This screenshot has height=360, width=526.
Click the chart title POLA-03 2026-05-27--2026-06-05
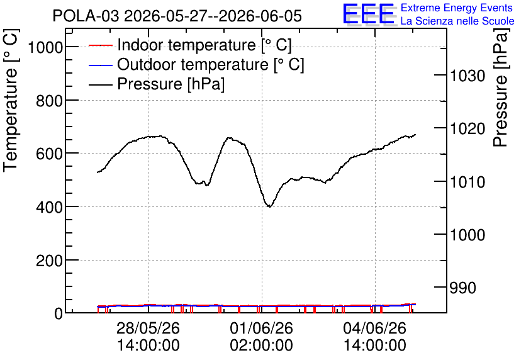(177, 16)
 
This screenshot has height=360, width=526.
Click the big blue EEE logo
(369, 14)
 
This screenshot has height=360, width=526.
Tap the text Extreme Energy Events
(457, 8)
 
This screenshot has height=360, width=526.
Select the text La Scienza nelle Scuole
(457, 21)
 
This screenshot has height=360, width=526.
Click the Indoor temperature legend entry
(190, 45)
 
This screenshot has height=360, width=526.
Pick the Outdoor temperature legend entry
(196, 64)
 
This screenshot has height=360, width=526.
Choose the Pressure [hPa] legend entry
(157, 84)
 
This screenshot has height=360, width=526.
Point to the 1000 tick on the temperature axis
(45, 47)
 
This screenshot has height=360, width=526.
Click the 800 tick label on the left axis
(49, 100)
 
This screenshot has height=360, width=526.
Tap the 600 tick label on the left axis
(49, 154)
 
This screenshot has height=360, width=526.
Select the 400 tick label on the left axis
(49, 207)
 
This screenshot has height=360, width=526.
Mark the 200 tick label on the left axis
(49, 261)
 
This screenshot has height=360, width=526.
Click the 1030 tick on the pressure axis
(467, 76)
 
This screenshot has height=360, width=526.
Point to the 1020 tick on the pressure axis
(467, 128)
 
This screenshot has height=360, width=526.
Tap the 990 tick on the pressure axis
(462, 288)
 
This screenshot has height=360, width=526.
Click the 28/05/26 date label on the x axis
(148, 328)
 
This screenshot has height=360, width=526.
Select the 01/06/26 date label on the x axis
(262, 328)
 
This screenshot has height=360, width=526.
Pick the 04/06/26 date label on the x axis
(375, 328)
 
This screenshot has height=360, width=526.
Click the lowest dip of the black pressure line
(269, 206)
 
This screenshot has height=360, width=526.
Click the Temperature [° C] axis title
(11, 101)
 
